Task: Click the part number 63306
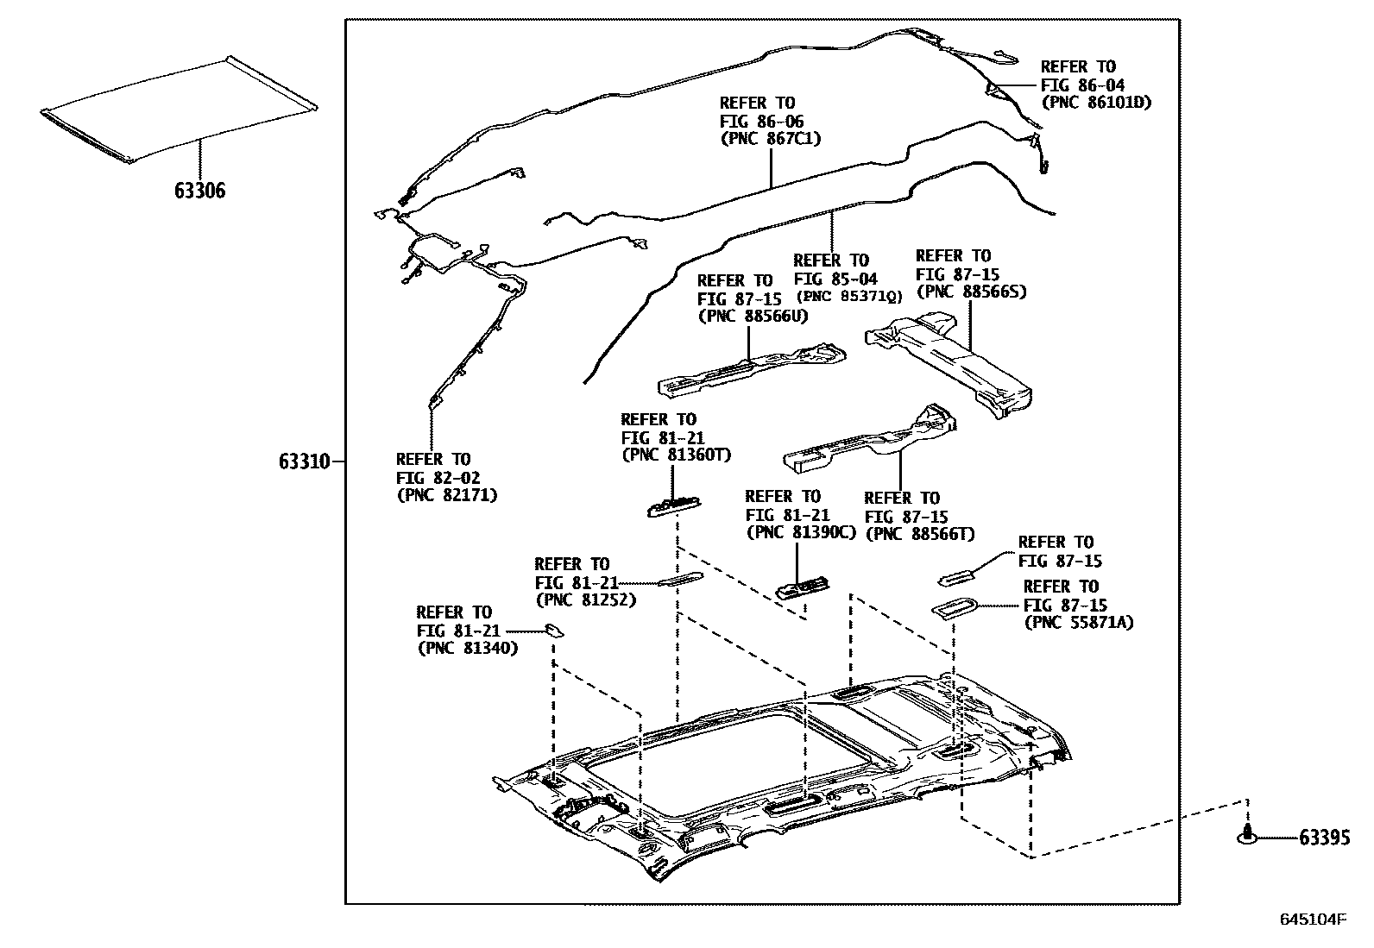pyautogui.click(x=199, y=191)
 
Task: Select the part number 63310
pyautogui.click(x=304, y=462)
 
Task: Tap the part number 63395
pyautogui.click(x=1324, y=837)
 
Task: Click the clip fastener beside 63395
pyautogui.click(x=1247, y=833)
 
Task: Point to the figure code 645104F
pyautogui.click(x=1312, y=920)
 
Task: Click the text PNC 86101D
pyautogui.click(x=1097, y=103)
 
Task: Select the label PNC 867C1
pyautogui.click(x=770, y=139)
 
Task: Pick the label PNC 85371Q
pyautogui.click(x=848, y=296)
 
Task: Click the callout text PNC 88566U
pyautogui.click(x=753, y=316)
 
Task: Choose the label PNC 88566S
pyautogui.click(x=971, y=292)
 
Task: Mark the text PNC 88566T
pyautogui.click(x=919, y=534)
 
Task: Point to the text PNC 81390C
pyautogui.click(x=800, y=532)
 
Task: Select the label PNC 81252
pyautogui.click(x=585, y=599)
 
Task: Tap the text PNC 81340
pyautogui.click(x=467, y=648)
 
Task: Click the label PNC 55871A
pyautogui.click(x=1078, y=622)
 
